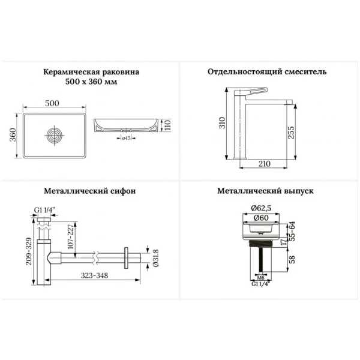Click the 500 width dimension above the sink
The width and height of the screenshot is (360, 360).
52,103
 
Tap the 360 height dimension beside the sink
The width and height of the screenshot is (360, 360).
13,135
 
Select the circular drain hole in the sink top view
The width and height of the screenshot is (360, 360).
55,135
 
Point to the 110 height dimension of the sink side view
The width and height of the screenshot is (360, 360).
167,125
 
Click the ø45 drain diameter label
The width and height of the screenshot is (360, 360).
126,138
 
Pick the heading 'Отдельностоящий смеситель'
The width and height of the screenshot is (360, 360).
267,71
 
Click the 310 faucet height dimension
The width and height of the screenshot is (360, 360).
222,123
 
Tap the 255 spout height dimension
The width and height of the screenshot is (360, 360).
290,132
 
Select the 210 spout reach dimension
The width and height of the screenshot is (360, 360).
265,164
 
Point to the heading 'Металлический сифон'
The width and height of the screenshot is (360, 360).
90,191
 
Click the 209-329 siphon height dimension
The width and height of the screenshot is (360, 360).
29,251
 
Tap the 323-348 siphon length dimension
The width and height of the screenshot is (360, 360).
94,275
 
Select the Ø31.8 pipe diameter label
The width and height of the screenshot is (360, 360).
155,258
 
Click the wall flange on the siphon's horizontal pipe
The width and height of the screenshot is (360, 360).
126,258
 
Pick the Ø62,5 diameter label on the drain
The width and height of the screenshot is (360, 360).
261,208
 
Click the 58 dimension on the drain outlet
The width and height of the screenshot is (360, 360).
292,260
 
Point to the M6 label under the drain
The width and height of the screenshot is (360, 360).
260,278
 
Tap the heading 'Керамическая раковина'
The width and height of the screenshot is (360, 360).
91,72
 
